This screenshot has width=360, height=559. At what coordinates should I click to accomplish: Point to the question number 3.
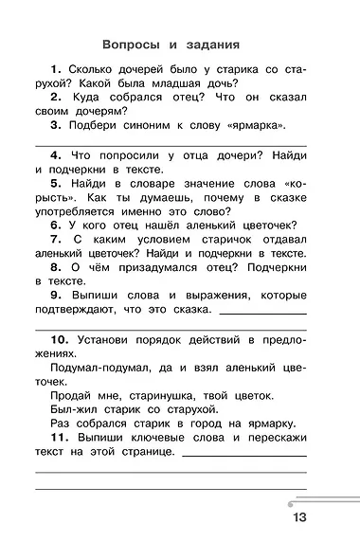tap(57, 125)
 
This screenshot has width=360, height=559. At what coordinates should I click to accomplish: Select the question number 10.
tap(59, 338)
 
